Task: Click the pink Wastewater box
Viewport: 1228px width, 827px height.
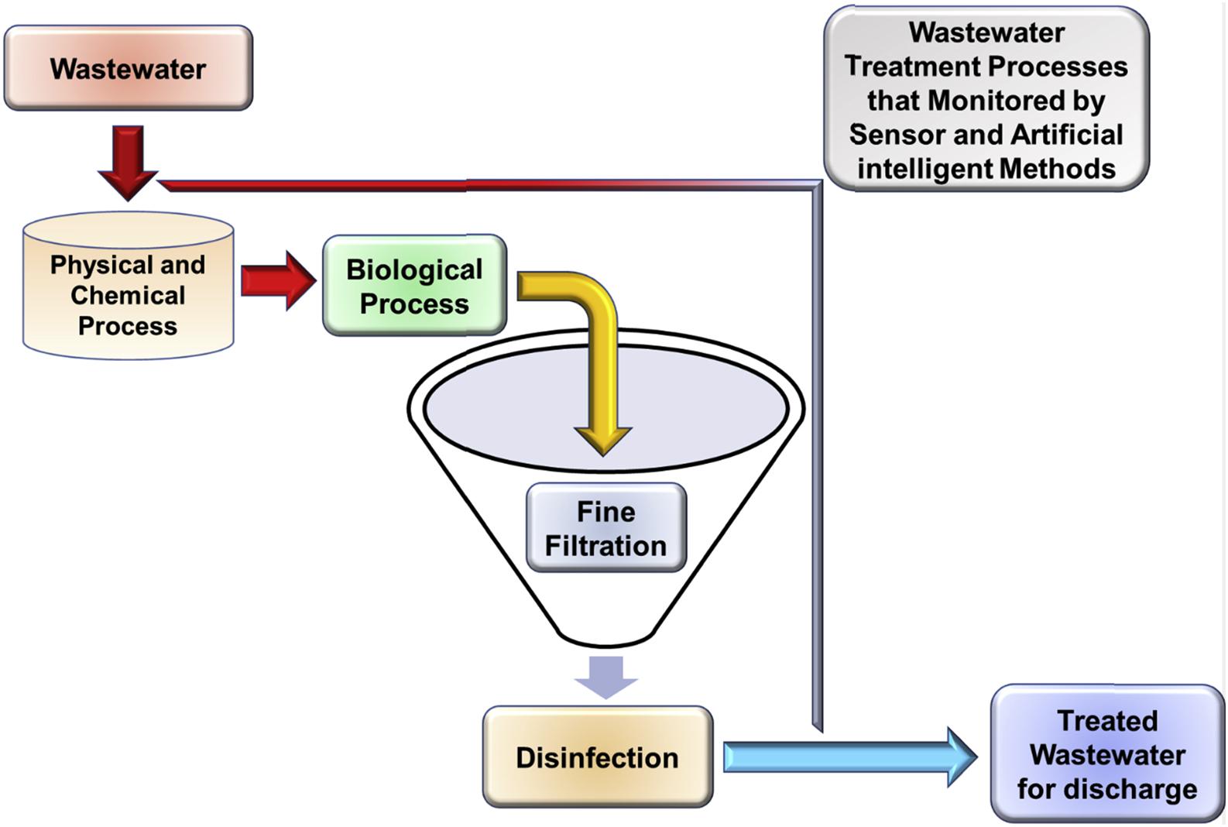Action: pyautogui.click(x=129, y=68)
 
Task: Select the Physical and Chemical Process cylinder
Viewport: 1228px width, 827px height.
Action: pyautogui.click(x=128, y=294)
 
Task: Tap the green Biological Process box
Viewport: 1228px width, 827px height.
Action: pyautogui.click(x=414, y=286)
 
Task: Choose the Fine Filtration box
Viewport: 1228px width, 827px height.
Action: pyautogui.click(x=606, y=528)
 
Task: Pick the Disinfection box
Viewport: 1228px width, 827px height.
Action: pyautogui.click(x=597, y=757)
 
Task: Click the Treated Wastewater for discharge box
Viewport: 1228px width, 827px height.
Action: pyautogui.click(x=1107, y=754)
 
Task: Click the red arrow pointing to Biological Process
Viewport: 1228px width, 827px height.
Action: pyautogui.click(x=277, y=280)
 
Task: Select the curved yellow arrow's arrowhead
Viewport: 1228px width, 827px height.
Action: pyautogui.click(x=603, y=439)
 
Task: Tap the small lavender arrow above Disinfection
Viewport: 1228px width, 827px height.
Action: pyautogui.click(x=606, y=676)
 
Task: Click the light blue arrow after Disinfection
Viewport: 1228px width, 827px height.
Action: pyautogui.click(x=848, y=757)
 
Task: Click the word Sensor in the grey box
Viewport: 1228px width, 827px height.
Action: pyautogui.click(x=897, y=135)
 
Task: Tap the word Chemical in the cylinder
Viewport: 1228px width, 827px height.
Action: pyautogui.click(x=128, y=295)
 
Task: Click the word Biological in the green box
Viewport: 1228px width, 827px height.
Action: pyautogui.click(x=414, y=269)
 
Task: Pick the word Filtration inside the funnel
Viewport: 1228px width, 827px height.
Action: pyautogui.click(x=606, y=546)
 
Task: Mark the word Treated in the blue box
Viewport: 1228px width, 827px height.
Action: pyautogui.click(x=1107, y=721)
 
